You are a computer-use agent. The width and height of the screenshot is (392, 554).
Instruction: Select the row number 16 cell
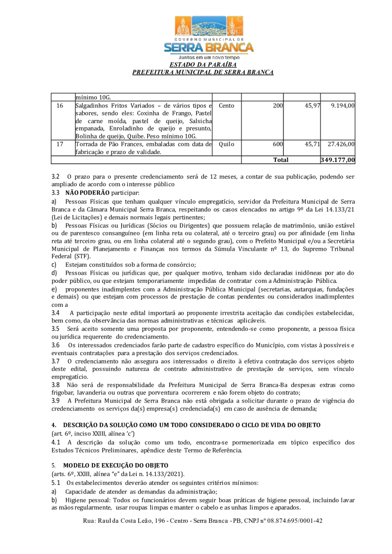coord(60,105)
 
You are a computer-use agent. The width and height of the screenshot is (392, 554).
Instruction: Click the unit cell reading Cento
coord(226,105)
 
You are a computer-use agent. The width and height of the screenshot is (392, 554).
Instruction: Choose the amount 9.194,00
coord(342,105)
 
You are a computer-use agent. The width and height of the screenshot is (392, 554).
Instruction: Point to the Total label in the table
coord(281,160)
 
